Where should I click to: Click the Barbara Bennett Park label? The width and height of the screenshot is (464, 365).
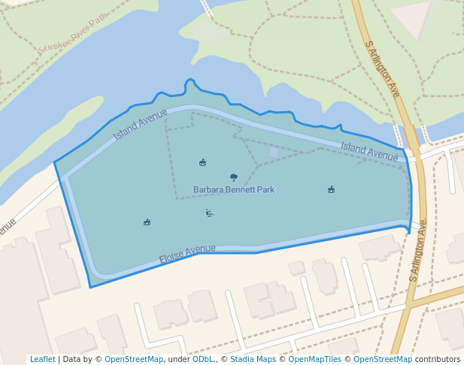click(x=234, y=190)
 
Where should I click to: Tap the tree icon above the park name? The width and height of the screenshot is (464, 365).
click(x=234, y=177)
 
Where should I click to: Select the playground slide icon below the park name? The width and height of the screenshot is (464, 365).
click(x=209, y=213)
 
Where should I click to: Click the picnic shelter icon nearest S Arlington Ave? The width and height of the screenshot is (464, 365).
click(x=331, y=189)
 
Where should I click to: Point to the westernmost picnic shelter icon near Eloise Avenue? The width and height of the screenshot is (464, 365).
click(x=147, y=222)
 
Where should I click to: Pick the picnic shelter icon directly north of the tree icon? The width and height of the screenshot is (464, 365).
click(x=202, y=162)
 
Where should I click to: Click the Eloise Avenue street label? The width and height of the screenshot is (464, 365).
click(x=187, y=254)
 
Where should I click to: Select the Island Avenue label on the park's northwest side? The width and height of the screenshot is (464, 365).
click(x=140, y=124)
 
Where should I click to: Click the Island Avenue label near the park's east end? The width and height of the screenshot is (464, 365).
click(x=369, y=151)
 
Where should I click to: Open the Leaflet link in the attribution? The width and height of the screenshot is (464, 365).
click(x=42, y=359)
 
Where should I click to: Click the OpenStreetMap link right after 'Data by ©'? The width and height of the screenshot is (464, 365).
click(x=133, y=359)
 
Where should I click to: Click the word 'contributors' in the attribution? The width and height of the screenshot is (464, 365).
click(x=438, y=359)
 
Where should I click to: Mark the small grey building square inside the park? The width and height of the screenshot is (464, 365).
click(x=274, y=153)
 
